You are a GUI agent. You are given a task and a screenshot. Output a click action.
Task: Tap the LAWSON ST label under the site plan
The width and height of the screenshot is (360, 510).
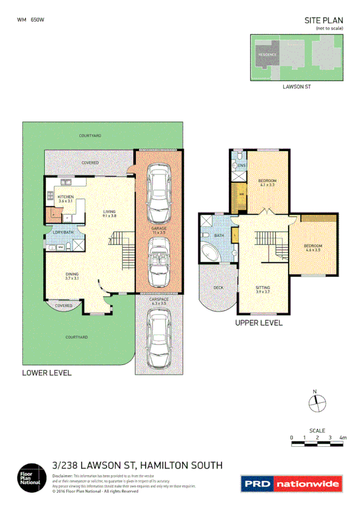tap(296, 87)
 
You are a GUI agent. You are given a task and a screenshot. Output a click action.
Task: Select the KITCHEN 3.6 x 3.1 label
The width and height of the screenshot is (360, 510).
tap(66, 199)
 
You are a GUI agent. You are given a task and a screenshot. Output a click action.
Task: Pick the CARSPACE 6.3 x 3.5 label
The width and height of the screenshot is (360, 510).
tap(159, 303)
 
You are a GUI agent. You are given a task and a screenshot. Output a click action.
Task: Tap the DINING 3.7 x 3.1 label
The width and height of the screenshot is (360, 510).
tap(72, 277)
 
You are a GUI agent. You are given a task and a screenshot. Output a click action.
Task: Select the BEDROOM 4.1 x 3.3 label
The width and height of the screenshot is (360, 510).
tap(267, 183)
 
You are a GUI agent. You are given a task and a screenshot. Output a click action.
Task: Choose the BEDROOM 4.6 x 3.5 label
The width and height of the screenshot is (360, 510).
tap(313, 248)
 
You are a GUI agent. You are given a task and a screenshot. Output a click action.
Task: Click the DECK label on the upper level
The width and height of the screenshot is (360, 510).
tap(219, 288)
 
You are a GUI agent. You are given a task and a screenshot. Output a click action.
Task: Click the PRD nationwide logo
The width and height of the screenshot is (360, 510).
tap(291, 483)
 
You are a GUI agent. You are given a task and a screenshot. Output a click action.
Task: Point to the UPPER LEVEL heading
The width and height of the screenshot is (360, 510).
tap(260, 322)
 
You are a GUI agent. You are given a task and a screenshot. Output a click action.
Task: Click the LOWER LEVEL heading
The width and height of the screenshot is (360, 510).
tap(46, 373)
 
